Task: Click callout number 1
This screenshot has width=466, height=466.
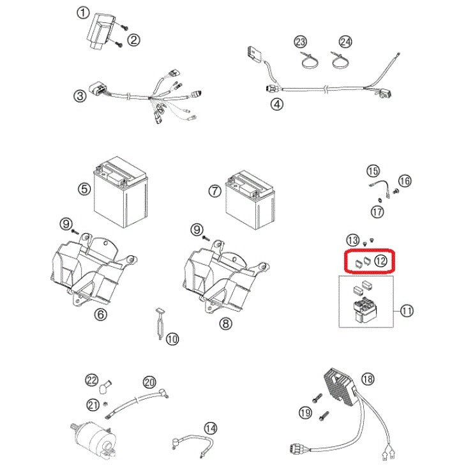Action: pos(82,12)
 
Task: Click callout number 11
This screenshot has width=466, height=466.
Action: pos(407,311)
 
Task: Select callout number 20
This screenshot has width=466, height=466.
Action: pos(149,382)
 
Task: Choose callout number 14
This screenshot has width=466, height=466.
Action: pos(210,427)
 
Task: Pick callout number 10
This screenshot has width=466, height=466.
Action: pos(172,340)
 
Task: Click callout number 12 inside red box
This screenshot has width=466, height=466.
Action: pos(380,260)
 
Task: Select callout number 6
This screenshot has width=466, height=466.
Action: pos(101,314)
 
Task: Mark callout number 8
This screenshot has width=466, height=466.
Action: pos(225,324)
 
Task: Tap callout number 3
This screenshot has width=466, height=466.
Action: pos(79,96)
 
